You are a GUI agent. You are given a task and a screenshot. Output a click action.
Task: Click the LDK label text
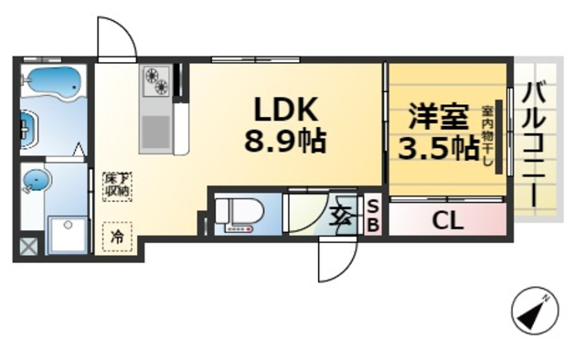pos(285,111)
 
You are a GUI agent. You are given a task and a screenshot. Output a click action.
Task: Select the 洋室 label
pos(438,118)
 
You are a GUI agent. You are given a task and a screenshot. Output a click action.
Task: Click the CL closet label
pos(447,220)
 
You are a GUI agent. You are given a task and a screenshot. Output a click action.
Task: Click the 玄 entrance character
pos(341,217)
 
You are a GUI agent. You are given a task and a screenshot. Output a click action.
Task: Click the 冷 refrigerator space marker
pos(117,236)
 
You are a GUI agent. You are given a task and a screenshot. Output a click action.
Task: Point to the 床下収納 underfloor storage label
pos(116,185)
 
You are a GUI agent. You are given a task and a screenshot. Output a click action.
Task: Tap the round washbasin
pos(33,181)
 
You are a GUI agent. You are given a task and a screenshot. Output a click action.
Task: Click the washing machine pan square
pos(68,235)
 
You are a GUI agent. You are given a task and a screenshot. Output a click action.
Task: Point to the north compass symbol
pos(533,312)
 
